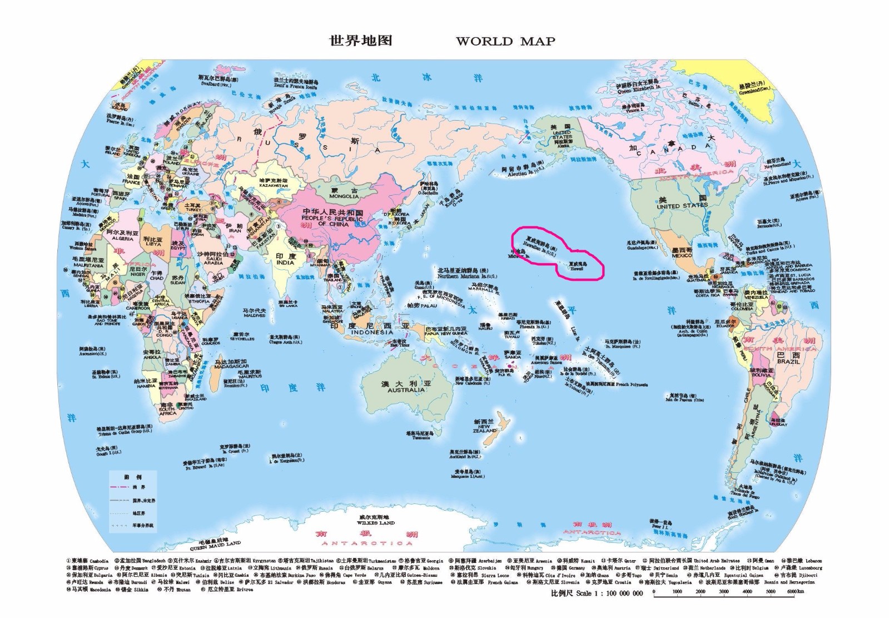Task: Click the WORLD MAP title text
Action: (505, 41)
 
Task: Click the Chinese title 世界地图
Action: (361, 41)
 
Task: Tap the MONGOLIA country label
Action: (344, 196)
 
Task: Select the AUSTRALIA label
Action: (406, 390)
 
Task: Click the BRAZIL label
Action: (788, 362)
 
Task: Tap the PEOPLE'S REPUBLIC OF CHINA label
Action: (333, 220)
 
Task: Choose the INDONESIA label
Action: (372, 332)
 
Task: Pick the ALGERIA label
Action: (122, 239)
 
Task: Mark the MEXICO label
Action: (682, 255)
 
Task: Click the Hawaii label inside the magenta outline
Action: (577, 268)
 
